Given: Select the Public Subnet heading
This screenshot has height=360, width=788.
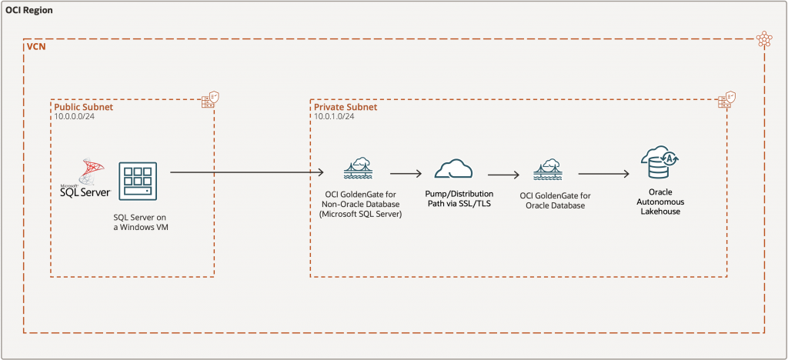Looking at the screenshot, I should click(x=83, y=108).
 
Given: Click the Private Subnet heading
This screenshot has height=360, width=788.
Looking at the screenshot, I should click(x=346, y=108).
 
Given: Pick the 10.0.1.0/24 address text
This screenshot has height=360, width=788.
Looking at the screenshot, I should click(x=334, y=117).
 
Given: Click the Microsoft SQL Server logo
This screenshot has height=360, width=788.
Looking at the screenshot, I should click(x=85, y=178).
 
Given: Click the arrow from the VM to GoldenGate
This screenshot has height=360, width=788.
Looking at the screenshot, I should click(x=246, y=173).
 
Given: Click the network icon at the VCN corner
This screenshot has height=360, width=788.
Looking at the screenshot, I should click(x=763, y=39).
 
